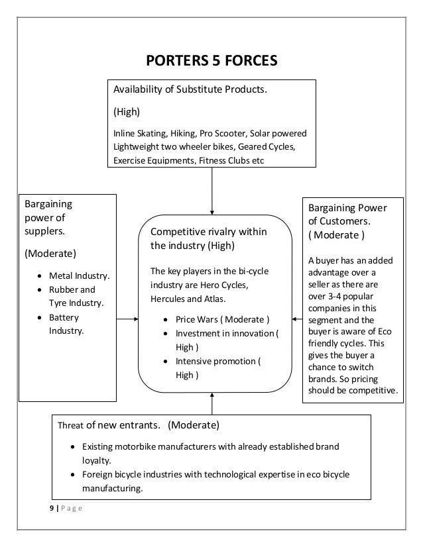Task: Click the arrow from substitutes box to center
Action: tap(211, 189)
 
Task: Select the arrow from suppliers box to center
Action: tap(127, 320)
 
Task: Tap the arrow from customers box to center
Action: tap(296, 320)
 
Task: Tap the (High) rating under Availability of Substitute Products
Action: tap(125, 111)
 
